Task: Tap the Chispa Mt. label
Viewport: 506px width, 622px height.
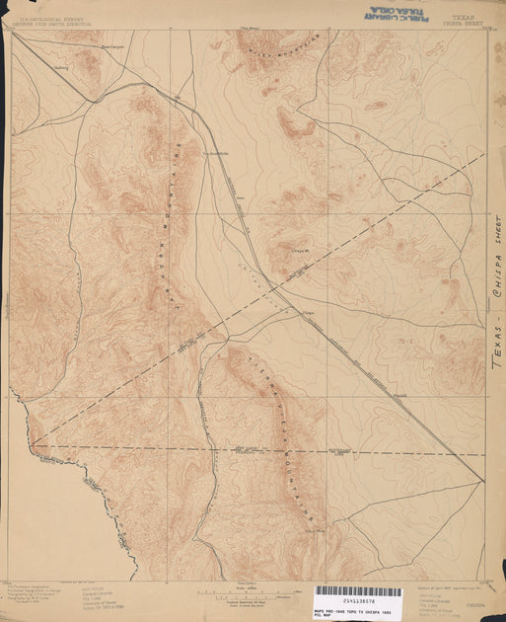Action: pyautogui.click(x=282, y=253)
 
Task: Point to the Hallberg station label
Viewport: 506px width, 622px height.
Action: pyautogui.click(x=61, y=68)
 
